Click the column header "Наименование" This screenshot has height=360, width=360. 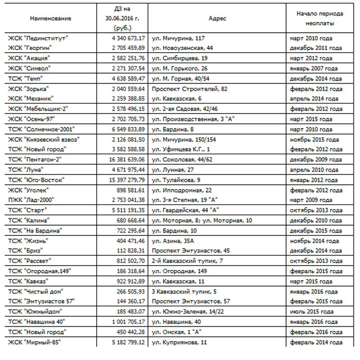(50, 19)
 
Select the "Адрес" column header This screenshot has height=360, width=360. (217, 19)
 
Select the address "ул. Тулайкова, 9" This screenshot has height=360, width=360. (175, 180)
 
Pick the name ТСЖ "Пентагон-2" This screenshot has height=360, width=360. (35, 159)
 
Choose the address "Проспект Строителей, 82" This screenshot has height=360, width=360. (183, 89)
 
